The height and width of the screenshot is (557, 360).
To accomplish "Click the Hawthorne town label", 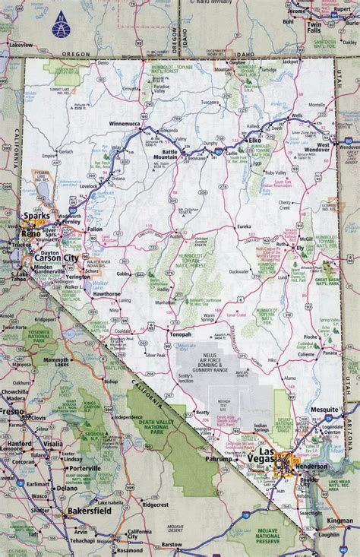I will [106, 293].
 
